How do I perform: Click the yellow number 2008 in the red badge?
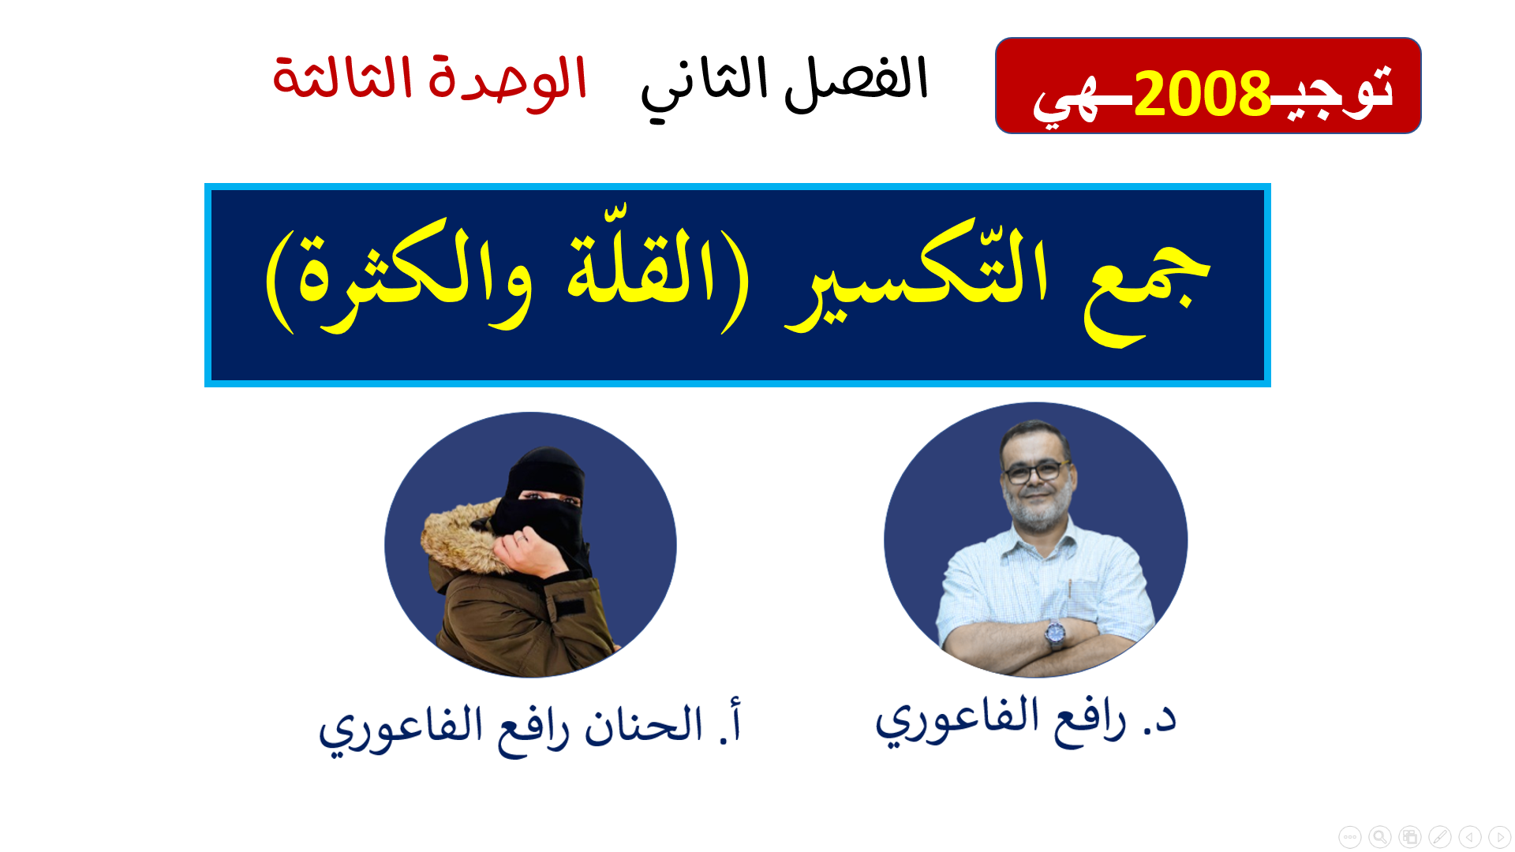click(x=1201, y=94)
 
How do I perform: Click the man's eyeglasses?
click(x=1035, y=472)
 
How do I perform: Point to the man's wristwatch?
click(x=1055, y=632)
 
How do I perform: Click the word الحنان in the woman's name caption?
click(x=643, y=726)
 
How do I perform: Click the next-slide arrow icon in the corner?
click(x=1499, y=836)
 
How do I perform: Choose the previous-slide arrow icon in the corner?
click(x=1469, y=836)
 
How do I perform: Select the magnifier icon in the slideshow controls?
click(x=1379, y=836)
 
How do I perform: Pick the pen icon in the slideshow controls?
click(x=1439, y=836)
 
